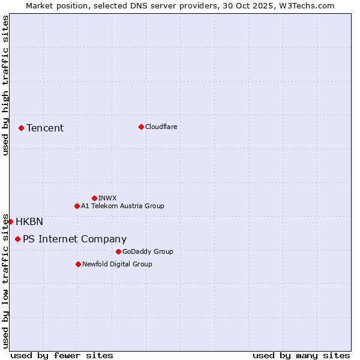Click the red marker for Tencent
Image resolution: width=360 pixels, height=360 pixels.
pyautogui.click(x=21, y=128)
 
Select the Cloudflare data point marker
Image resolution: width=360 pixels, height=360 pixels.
pyautogui.click(x=141, y=127)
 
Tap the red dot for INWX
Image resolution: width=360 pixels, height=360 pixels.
pyautogui.click(x=94, y=198)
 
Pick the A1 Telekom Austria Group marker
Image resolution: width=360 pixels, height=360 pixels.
pyautogui.click(x=77, y=206)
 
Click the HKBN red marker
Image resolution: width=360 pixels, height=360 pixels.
pyautogui.click(x=10, y=221)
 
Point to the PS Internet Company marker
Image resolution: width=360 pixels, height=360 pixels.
pyautogui.click(x=17, y=239)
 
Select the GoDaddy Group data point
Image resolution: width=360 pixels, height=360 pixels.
pyautogui.click(x=118, y=251)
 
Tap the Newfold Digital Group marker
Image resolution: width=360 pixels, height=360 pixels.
pyautogui.click(x=78, y=264)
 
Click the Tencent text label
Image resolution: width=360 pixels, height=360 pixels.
pyautogui.click(x=45, y=128)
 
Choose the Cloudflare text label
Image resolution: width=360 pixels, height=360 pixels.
pyautogui.click(x=161, y=127)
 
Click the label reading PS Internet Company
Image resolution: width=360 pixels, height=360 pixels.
pyautogui.click(x=74, y=239)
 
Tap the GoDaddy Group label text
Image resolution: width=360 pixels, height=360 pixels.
pyautogui.click(x=148, y=251)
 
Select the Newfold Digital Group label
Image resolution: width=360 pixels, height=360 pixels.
pyautogui.click(x=117, y=264)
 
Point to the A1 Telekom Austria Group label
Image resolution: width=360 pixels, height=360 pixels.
pyautogui.click(x=122, y=206)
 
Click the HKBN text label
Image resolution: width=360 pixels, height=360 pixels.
pyautogui.click(x=29, y=221)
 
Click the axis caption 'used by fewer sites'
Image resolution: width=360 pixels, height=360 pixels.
pyautogui.click(x=62, y=355)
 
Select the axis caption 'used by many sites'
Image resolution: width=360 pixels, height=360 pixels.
pyautogui.click(x=301, y=355)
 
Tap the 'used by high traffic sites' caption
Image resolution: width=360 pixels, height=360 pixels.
pyautogui.click(x=5, y=86)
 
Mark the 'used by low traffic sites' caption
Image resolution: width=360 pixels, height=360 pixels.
pyautogui.click(x=5, y=281)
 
